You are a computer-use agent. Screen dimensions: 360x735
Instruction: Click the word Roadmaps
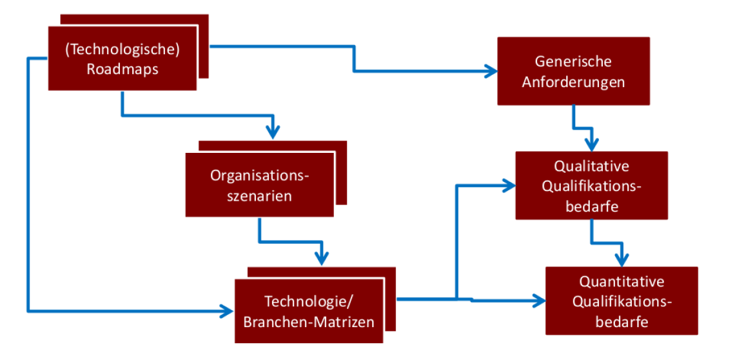122,69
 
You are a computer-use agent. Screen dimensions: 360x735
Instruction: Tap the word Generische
573,61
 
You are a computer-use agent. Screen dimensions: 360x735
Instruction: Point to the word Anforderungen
573,82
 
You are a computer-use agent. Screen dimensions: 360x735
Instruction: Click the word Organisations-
260,175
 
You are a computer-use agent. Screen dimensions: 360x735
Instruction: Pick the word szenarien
260,195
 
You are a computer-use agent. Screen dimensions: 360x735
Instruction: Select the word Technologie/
309,301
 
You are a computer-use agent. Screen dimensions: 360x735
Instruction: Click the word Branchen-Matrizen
309,321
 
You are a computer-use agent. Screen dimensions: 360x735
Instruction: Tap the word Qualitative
591,166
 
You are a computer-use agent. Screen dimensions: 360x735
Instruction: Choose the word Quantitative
622,282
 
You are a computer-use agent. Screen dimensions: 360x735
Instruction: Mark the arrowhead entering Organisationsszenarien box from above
273,134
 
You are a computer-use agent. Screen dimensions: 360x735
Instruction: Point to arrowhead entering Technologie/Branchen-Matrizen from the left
228,311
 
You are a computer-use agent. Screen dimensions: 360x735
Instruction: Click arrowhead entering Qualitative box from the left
509,186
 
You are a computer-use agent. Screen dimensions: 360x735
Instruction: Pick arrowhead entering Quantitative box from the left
540,300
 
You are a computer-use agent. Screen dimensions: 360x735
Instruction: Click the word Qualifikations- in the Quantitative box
622,302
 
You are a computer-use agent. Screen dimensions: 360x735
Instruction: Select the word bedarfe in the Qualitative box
591,206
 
